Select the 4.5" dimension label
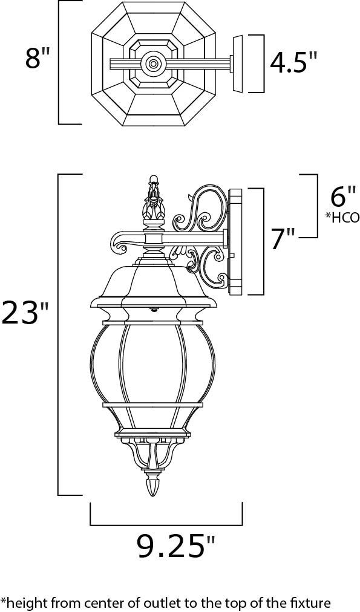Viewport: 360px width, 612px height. tap(293, 62)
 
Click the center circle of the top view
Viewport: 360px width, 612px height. tap(153, 63)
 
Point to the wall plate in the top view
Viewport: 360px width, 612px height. tap(238, 63)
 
